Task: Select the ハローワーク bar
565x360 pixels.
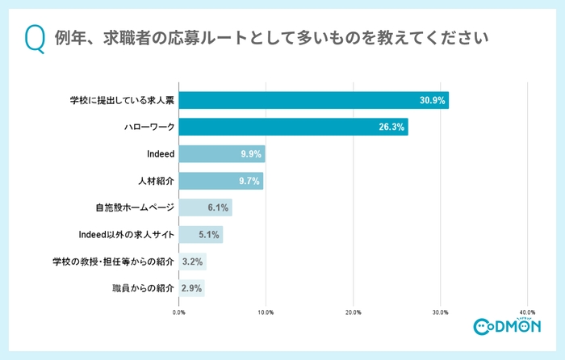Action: point(293,127)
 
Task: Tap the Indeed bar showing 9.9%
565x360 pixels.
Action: point(221,154)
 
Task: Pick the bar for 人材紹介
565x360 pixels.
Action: point(220,181)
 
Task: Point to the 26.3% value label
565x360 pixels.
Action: point(392,127)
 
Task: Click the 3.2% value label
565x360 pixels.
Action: point(192,262)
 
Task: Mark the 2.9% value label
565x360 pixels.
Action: point(192,288)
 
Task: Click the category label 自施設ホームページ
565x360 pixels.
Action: point(133,207)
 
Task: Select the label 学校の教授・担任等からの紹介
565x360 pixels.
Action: point(113,262)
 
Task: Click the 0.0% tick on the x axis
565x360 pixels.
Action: point(179,312)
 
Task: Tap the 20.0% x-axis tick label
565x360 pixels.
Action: point(353,312)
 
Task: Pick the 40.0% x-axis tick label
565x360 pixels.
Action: point(527,312)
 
